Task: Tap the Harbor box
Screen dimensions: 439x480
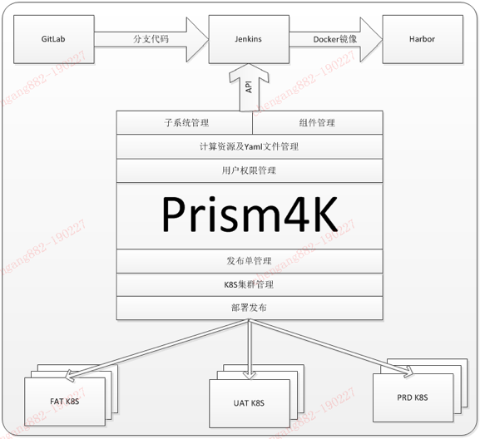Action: point(422,39)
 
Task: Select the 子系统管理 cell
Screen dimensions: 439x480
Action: point(185,122)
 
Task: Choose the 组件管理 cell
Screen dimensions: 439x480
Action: point(317,122)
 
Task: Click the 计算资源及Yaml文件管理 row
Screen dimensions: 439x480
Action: point(250,146)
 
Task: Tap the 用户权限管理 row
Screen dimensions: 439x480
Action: point(250,170)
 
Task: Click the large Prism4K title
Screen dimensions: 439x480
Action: point(250,215)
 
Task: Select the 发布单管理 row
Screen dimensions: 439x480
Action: point(250,261)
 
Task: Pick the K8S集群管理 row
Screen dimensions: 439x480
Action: point(250,284)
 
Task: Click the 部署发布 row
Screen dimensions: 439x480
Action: point(250,308)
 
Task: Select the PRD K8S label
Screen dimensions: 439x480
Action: point(411,397)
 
